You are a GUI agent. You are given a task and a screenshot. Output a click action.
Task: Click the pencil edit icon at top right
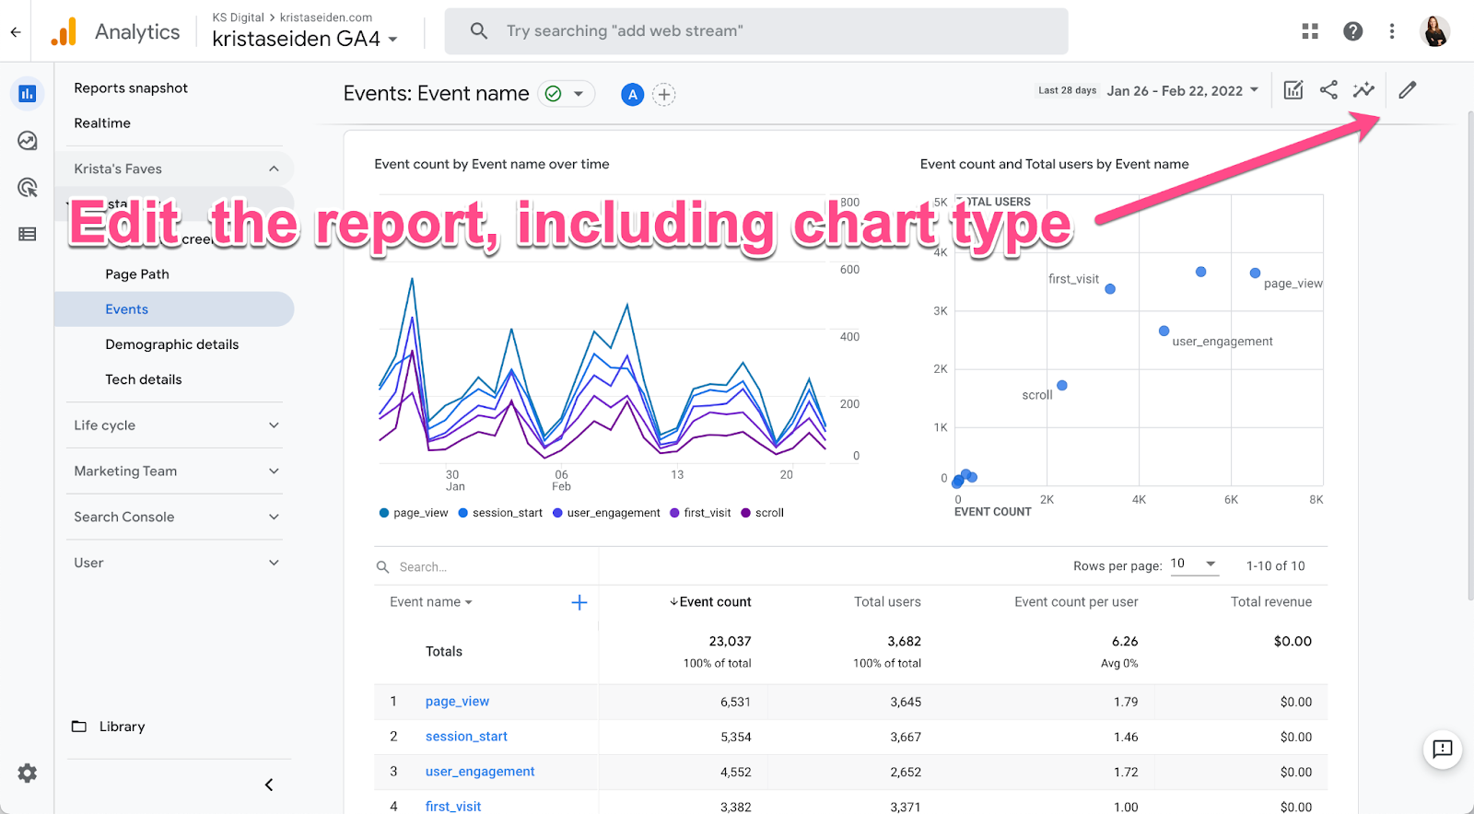(1407, 90)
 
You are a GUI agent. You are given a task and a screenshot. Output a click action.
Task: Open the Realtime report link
(102, 123)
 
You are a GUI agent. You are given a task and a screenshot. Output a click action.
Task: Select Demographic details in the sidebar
(171, 344)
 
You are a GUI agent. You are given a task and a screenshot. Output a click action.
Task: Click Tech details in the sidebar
(143, 379)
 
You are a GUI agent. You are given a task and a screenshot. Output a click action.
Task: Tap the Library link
(122, 727)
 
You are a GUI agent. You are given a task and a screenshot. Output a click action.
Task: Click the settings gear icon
(28, 773)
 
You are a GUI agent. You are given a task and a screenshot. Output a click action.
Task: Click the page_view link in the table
(457, 702)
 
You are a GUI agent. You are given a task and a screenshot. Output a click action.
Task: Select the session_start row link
(466, 737)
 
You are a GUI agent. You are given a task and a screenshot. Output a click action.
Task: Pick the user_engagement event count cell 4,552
(735, 772)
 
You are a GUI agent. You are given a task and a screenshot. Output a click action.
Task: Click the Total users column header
(886, 602)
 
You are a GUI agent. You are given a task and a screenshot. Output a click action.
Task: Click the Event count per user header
(1076, 602)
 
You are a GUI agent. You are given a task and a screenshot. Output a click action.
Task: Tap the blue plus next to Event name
(579, 602)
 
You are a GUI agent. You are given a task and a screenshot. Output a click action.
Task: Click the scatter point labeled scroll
(1062, 386)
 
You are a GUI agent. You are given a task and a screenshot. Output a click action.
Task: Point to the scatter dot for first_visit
(1110, 289)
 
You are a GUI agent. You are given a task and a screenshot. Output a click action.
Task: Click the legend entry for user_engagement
(613, 513)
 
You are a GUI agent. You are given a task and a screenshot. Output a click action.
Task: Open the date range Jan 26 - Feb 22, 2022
(1182, 90)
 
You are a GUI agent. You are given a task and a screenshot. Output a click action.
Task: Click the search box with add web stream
(755, 31)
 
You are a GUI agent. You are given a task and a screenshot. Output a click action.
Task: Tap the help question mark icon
(1352, 31)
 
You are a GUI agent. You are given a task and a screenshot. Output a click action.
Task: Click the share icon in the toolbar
(1328, 90)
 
